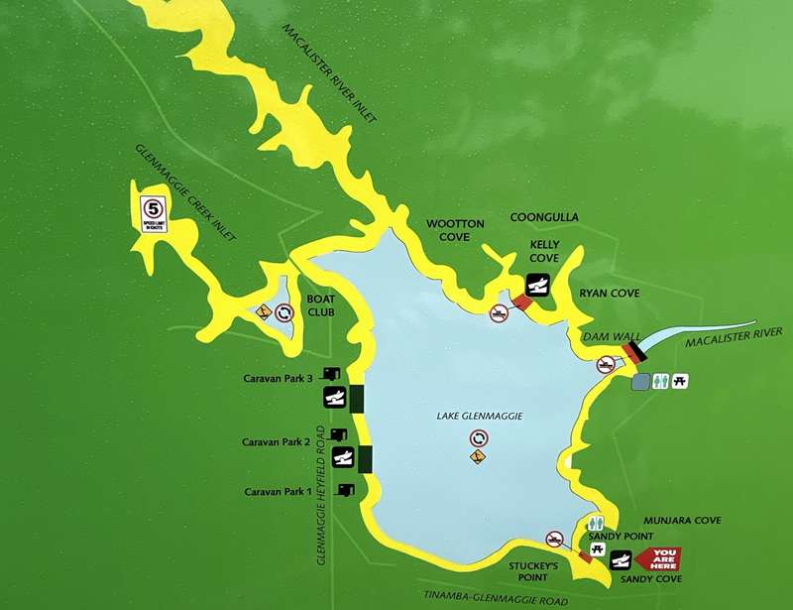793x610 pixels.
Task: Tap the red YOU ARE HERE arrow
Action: click(x=661, y=559)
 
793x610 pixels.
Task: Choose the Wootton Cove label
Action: click(x=455, y=231)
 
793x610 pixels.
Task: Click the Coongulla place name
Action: click(x=544, y=217)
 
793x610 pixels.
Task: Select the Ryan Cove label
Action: click(x=612, y=294)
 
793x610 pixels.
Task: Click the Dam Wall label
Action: click(x=607, y=337)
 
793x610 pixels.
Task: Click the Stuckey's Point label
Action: click(x=537, y=572)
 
